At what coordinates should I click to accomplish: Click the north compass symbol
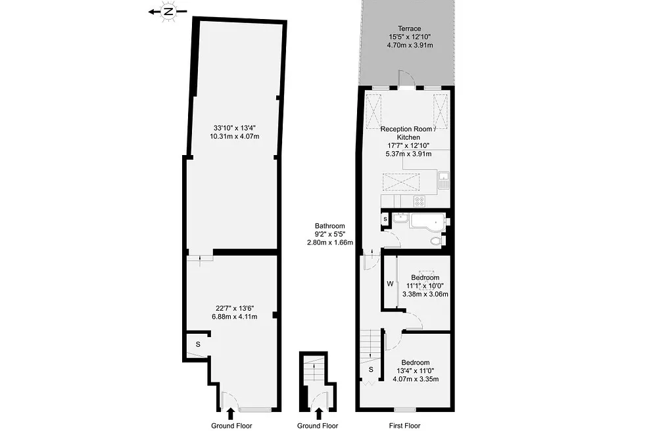coord(168,12)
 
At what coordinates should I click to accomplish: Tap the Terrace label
coord(410,28)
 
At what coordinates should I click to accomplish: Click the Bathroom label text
coord(329,226)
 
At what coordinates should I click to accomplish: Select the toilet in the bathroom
coord(437,241)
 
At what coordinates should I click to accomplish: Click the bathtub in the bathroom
coord(428,221)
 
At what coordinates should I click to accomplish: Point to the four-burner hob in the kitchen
coord(419,201)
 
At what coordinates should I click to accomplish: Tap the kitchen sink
coord(444,180)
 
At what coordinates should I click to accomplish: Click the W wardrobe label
coord(390,284)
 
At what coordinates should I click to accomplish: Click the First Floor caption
coord(405,426)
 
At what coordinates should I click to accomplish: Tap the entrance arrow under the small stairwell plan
coord(318,413)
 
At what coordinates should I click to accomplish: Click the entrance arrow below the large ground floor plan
coord(231,413)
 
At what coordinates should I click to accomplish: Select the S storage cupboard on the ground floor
coord(198,344)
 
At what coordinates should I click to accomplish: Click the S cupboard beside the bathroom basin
coord(385,219)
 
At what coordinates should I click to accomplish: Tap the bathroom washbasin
coord(400,217)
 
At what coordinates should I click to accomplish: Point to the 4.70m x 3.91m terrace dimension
coord(410,45)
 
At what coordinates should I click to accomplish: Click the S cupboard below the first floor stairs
coord(371,369)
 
